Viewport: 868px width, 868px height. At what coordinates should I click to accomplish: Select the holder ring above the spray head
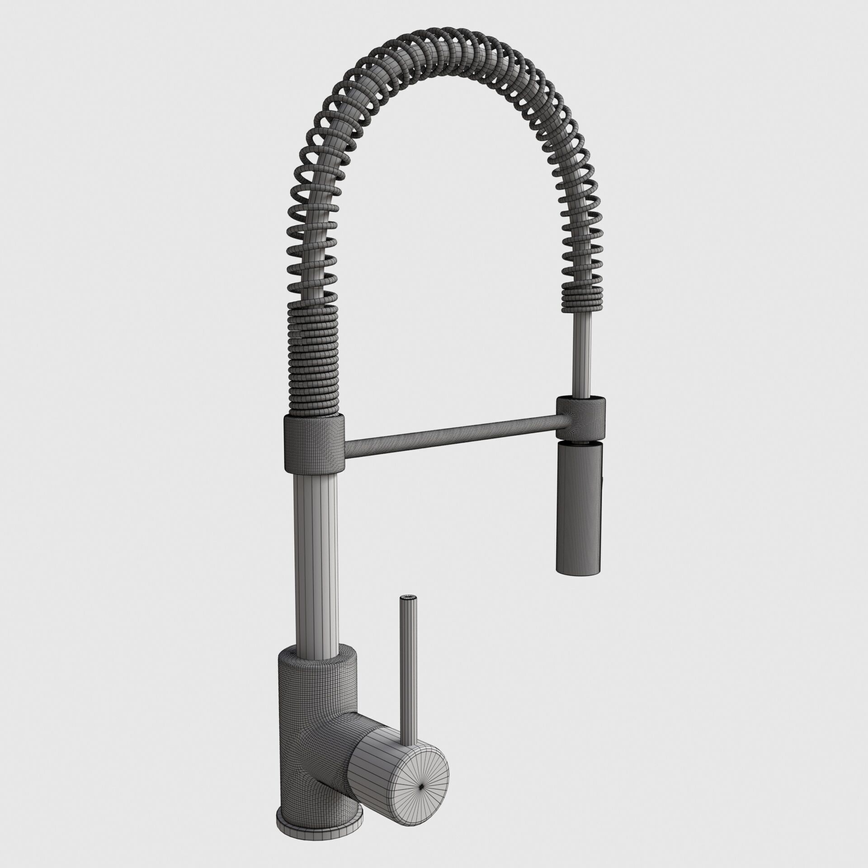pyautogui.click(x=581, y=417)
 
